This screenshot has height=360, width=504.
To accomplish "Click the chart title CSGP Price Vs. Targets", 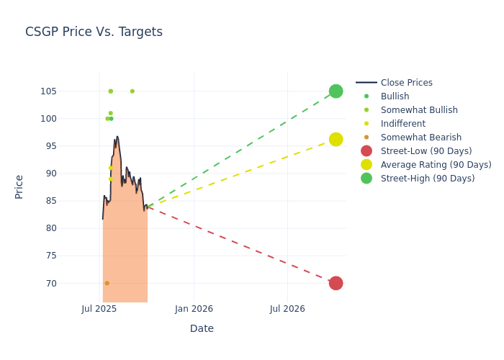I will (x=94, y=32).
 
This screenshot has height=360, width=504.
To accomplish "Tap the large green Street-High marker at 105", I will (x=336, y=91).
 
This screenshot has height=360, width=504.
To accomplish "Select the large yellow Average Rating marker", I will (x=336, y=139).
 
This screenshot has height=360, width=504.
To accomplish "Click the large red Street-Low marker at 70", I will (x=336, y=283).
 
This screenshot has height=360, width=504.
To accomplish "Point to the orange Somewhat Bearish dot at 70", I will (x=107, y=283).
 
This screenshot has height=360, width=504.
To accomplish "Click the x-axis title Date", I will (x=202, y=328).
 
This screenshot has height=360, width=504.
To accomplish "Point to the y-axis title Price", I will (x=19, y=186).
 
